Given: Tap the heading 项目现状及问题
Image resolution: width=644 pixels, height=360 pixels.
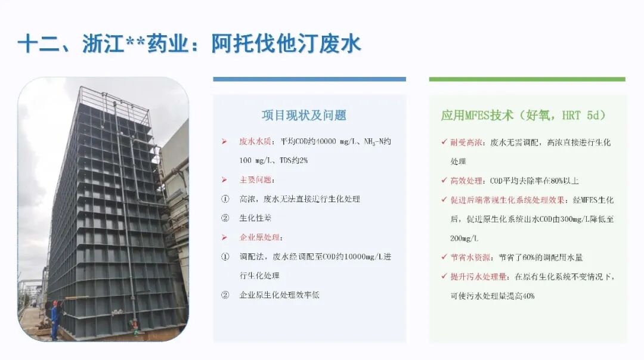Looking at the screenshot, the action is [x=304, y=116].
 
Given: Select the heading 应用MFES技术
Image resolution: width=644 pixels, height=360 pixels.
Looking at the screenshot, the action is [x=477, y=116].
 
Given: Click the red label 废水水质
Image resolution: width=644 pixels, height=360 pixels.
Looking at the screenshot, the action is [x=255, y=142].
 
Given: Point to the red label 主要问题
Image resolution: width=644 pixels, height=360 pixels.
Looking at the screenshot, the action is [x=255, y=180].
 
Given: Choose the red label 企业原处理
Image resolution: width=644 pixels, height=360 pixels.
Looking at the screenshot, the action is [x=259, y=237].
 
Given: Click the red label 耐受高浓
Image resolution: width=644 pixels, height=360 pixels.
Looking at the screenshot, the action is [x=466, y=142].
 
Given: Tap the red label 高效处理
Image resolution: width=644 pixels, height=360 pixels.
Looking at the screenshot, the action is [x=466, y=181].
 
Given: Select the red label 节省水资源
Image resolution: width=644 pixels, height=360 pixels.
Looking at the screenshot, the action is [x=470, y=257].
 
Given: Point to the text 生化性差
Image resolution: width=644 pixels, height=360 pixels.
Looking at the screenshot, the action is [x=255, y=218].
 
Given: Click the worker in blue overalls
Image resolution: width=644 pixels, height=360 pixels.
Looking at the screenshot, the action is [x=55, y=320].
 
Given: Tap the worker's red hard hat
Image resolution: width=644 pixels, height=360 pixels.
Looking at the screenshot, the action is [x=55, y=303].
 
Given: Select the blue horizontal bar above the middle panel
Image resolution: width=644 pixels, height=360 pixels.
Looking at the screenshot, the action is [x=309, y=79].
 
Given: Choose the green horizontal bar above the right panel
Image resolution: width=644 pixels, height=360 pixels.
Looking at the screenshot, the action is [x=527, y=79].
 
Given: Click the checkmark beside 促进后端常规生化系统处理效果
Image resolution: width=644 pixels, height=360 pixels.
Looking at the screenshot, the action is [x=444, y=200].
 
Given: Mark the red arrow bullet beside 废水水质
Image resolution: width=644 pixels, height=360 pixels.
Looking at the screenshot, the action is [x=224, y=142].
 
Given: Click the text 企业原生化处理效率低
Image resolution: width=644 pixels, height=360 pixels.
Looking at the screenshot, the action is [x=279, y=294].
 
